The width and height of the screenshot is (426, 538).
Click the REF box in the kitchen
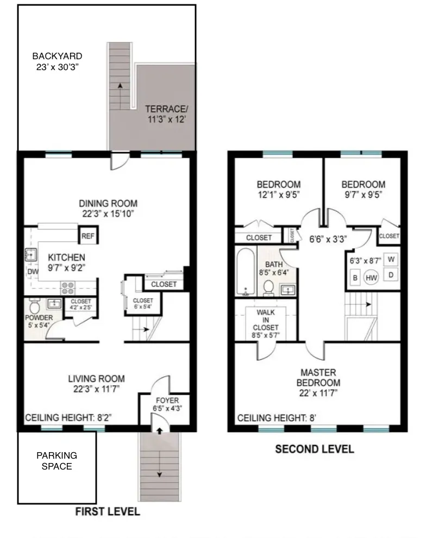[x=87, y=236]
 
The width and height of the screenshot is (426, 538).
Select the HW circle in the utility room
[x=372, y=278]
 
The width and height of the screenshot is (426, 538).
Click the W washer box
[x=391, y=259]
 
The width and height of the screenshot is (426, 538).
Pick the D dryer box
[x=391, y=274]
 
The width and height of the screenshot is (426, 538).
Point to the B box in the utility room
[x=354, y=278]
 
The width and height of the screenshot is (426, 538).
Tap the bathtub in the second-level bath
[x=245, y=272]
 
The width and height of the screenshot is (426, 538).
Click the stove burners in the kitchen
[x=67, y=286]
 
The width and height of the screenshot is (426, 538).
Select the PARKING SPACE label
[x=57, y=460]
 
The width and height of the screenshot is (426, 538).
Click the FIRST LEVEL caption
[x=107, y=511]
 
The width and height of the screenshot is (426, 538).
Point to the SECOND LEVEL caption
[x=314, y=449]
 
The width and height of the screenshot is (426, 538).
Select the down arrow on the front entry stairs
[x=159, y=474]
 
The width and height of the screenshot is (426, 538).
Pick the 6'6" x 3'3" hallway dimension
[x=328, y=238]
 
